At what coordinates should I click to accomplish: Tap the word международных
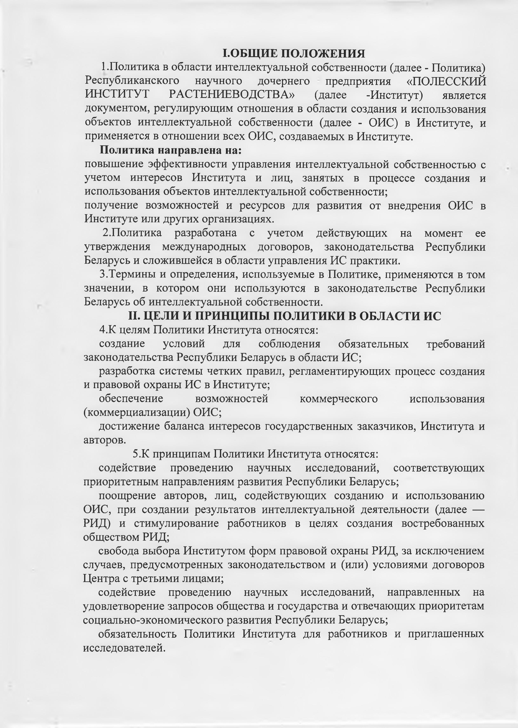point(204,247)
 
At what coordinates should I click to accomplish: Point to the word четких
point(221,371)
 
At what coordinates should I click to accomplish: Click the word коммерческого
point(338,399)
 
